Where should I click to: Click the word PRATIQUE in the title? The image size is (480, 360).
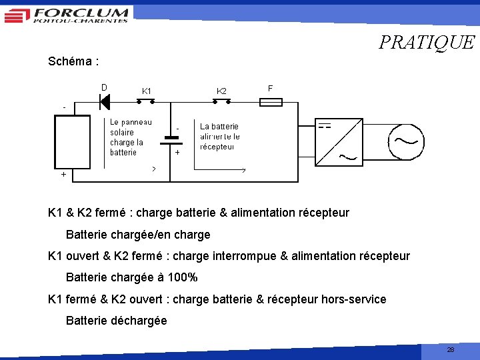(427, 43)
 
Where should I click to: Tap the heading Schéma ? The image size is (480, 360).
(74, 61)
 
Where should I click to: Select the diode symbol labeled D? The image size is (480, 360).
(104, 101)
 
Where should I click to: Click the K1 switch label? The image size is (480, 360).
(147, 91)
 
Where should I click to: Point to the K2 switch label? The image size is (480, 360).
(221, 91)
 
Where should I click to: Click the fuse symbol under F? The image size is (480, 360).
(271, 102)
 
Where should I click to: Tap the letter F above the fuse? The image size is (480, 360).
(270, 88)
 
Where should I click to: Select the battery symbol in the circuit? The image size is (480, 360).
(171, 140)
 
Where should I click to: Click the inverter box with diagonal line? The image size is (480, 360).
(338, 143)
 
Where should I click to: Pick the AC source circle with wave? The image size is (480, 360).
(405, 142)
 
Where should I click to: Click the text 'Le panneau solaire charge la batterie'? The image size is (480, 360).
(131, 137)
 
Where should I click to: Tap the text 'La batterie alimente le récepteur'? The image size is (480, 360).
(219, 136)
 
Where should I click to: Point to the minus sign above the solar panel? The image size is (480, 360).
(64, 107)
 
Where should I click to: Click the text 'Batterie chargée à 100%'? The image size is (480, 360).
(132, 277)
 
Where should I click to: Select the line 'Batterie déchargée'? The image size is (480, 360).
(117, 321)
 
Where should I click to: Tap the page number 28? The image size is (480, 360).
(451, 349)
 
